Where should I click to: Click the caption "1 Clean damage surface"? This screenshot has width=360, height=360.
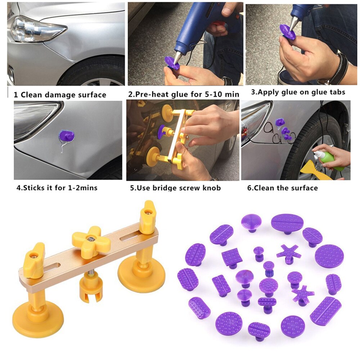[x=60, y=95]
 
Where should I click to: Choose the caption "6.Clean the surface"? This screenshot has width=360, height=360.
[x=279, y=188]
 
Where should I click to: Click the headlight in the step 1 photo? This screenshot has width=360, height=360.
[x=34, y=29]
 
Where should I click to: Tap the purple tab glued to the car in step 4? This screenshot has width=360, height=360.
[x=67, y=136]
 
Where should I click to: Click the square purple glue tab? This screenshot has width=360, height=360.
[x=231, y=257]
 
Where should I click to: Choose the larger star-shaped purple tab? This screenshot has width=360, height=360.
[x=288, y=253]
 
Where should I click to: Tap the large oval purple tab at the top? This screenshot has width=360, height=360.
[x=287, y=223]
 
